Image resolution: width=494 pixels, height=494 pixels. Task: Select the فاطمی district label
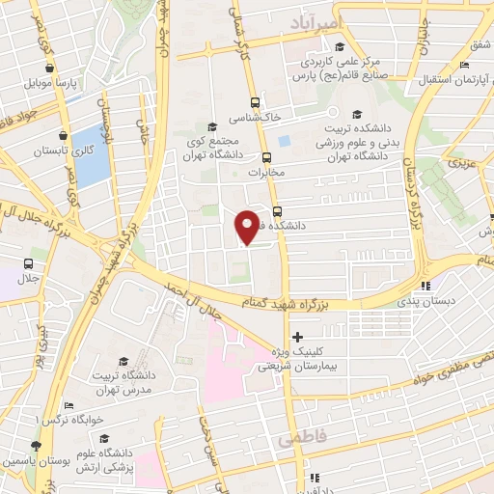coord(302,439)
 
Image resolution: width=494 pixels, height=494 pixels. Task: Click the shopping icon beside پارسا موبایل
coord(47,69)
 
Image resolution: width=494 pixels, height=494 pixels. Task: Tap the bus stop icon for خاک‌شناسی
coord(255,101)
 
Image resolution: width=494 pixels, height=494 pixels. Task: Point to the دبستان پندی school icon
coord(425,285)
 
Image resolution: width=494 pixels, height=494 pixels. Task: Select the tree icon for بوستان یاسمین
coord(36,446)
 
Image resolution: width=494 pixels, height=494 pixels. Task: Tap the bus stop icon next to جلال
coord(28,262)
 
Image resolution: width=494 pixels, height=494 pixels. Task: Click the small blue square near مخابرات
coord(284,142)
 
